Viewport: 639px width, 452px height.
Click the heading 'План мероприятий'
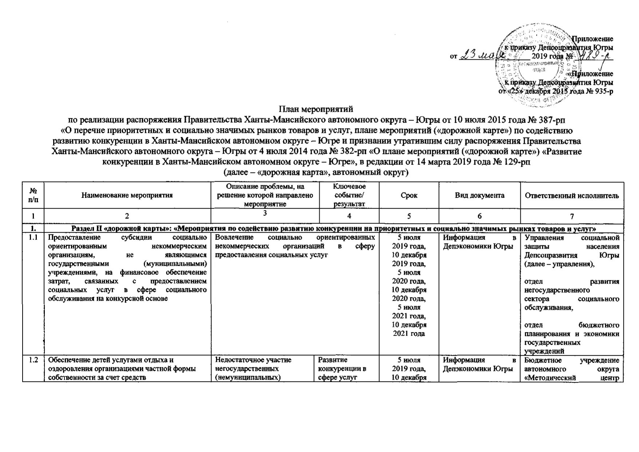(x=316, y=109)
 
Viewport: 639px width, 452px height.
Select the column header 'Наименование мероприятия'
(x=127, y=195)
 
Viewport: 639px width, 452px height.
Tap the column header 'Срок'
(x=409, y=195)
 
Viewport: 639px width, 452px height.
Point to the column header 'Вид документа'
(x=480, y=195)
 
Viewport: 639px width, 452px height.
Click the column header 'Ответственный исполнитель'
(x=572, y=195)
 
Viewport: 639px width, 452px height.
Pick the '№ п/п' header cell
(x=33, y=195)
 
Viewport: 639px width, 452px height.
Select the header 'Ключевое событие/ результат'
(x=349, y=195)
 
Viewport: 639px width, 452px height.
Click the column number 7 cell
(x=572, y=216)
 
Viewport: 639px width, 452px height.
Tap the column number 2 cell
(x=127, y=216)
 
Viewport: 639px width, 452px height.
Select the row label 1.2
(x=33, y=360)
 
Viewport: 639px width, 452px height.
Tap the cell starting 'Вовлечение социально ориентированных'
(x=295, y=246)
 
